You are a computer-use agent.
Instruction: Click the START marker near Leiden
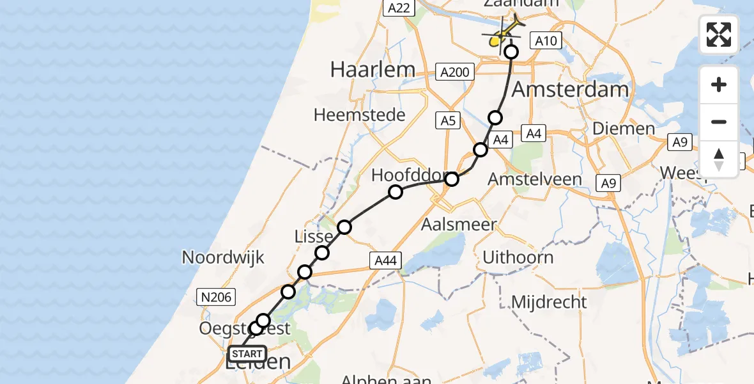point(247,354)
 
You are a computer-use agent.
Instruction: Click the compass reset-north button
point(719,159)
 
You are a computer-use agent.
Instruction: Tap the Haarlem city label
point(373,69)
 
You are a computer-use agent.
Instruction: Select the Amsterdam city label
point(570,89)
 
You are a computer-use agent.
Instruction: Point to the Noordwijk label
point(223,257)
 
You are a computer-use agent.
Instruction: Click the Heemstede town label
point(360,115)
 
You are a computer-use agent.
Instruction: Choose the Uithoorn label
point(518,258)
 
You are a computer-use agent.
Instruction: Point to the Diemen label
point(624,128)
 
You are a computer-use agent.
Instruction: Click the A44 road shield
point(386,260)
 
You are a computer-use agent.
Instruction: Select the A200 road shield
point(455,72)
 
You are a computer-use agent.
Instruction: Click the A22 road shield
point(400,7)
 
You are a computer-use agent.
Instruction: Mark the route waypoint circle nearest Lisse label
point(322,253)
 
